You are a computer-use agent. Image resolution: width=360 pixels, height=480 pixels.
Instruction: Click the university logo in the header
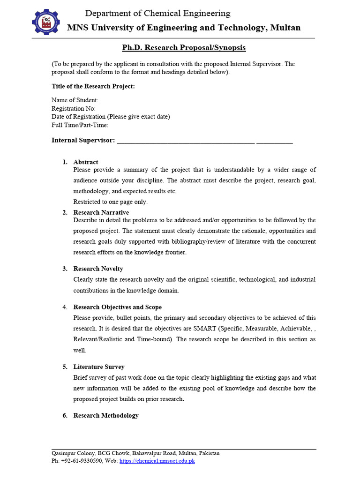click(x=46, y=22)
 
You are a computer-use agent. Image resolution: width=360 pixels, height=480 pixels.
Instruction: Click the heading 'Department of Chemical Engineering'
click(x=157, y=13)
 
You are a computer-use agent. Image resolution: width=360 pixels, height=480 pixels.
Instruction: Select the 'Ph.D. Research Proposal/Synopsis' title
click(x=184, y=48)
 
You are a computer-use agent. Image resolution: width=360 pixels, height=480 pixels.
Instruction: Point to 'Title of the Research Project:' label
click(x=93, y=86)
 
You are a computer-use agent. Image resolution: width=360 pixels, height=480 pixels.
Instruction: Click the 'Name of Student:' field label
click(x=75, y=100)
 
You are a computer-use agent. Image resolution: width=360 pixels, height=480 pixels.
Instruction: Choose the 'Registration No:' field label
click(x=74, y=108)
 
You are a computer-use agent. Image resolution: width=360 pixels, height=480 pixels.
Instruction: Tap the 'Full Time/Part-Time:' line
click(x=80, y=125)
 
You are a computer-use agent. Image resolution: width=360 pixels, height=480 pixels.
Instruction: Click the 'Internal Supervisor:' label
click(x=83, y=140)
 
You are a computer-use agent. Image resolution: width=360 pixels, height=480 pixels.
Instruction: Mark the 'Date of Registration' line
click(x=111, y=117)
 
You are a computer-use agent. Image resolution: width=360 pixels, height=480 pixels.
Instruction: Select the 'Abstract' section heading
click(x=86, y=162)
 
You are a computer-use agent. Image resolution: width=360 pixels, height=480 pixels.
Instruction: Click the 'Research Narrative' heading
click(x=101, y=212)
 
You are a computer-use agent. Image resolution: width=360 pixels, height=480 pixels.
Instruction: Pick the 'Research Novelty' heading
click(x=98, y=269)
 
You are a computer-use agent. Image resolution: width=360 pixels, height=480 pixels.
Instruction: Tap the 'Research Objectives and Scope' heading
click(x=118, y=307)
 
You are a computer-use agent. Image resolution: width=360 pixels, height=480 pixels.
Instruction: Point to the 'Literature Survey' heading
click(x=99, y=367)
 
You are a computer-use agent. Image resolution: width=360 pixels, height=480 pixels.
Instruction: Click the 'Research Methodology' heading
click(x=106, y=415)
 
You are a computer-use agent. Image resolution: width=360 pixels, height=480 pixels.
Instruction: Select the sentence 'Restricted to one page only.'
click(x=111, y=202)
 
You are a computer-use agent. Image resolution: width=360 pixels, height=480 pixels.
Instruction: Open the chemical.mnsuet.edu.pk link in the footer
click(x=157, y=461)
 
